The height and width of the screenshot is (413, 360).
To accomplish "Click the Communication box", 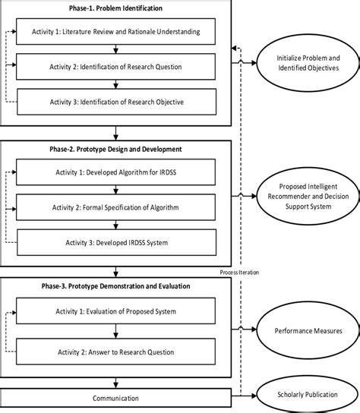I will click(x=115, y=397).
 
